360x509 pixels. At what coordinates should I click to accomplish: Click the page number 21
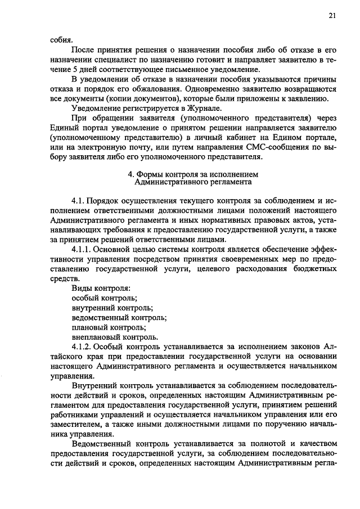[x=332, y=16]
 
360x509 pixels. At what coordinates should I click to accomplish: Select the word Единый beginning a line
[x=65, y=127]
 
